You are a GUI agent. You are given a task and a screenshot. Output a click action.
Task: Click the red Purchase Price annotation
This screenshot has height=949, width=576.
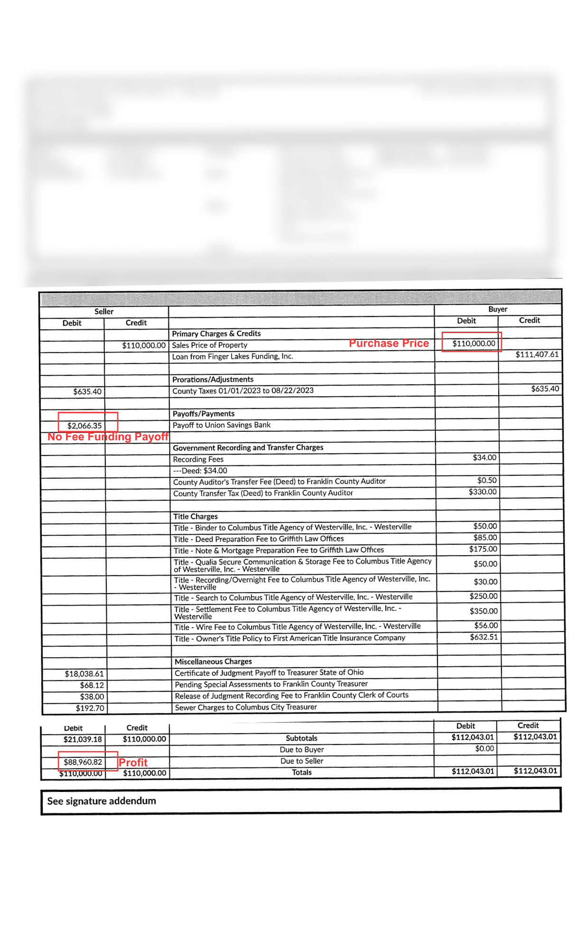point(389,343)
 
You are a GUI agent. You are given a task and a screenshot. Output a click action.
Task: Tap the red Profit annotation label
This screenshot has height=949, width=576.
point(133,762)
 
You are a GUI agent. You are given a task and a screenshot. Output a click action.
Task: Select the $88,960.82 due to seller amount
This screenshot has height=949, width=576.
point(83,762)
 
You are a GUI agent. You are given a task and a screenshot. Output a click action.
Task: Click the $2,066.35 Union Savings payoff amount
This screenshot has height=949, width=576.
point(84,426)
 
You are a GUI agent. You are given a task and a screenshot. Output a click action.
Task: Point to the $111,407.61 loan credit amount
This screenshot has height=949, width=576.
point(537,354)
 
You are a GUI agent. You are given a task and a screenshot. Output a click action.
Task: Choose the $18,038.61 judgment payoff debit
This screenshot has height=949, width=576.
point(84,674)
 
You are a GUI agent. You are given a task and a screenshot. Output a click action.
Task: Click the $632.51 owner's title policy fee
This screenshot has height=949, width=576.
point(484,637)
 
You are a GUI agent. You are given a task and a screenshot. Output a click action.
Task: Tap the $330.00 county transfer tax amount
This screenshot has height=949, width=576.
point(483,492)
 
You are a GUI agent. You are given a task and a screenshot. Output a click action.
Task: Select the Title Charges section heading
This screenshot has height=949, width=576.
point(195,516)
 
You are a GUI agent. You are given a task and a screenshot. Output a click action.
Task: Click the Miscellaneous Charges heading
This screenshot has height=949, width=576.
point(213,661)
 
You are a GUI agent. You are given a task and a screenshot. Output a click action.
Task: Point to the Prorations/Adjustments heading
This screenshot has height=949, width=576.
point(213,379)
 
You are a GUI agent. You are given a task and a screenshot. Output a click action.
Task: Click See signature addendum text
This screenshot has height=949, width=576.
point(102,801)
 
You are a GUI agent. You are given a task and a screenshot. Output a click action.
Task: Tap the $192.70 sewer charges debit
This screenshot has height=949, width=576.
point(90,708)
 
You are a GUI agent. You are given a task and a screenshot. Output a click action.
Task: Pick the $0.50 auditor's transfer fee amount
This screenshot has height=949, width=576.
point(487,480)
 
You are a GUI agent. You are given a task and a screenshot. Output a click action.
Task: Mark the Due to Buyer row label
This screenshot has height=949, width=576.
point(302,750)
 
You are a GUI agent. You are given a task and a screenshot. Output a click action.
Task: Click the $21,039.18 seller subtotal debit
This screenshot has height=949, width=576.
point(83,739)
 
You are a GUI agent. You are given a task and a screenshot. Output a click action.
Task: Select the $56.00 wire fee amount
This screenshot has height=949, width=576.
point(486,625)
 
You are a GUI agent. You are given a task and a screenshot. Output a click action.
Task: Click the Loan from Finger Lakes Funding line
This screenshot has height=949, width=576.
point(232,356)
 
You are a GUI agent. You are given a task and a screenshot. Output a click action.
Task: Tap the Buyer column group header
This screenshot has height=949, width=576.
point(498,309)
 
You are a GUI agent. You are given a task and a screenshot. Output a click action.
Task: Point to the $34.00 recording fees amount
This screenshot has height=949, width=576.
point(484,457)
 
